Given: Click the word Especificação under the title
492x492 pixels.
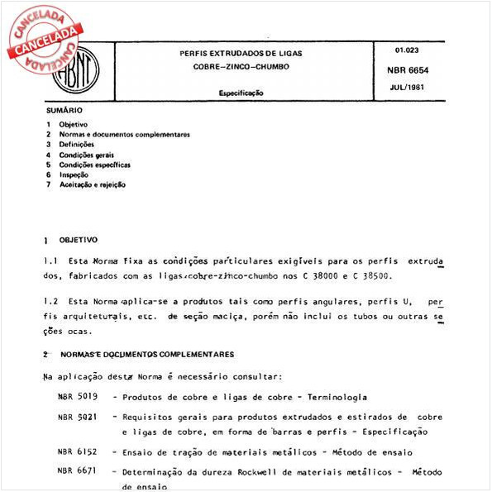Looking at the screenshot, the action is click(241, 93).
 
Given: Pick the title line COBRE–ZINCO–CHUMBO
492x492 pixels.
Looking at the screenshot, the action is click(241, 65).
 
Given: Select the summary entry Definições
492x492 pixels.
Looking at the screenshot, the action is click(76, 144).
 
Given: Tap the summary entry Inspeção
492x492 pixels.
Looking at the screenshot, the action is click(74, 174).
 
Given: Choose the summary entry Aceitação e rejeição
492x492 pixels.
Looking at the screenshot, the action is click(92, 184).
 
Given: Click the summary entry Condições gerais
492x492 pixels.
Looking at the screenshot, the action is click(86, 154).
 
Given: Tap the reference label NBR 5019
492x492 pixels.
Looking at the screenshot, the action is click(75, 397).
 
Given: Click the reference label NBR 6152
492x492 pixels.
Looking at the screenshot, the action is click(75, 451).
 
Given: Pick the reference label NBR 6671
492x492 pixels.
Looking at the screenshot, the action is click(75, 472).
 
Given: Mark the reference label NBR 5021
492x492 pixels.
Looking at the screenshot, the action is click(75, 418).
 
